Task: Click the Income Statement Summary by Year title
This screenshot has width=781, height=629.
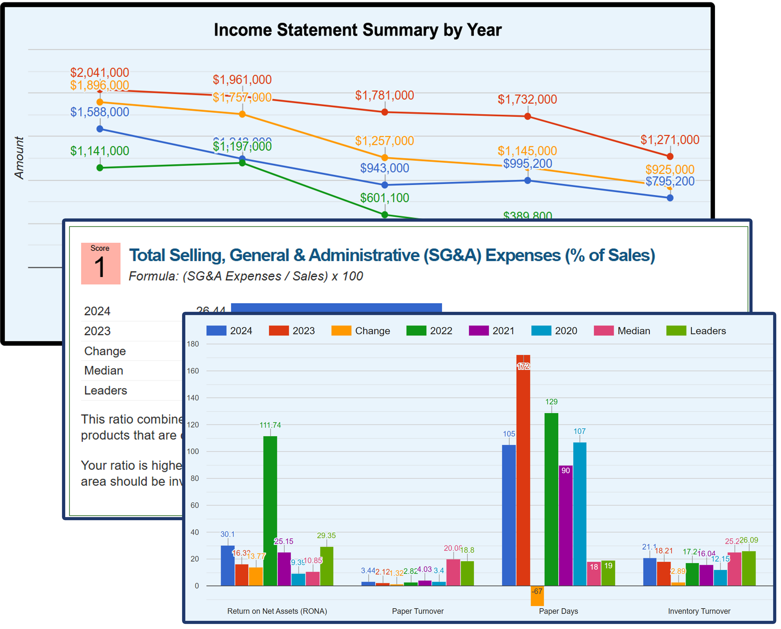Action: pyautogui.click(x=358, y=30)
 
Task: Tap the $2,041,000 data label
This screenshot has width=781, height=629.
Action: pyautogui.click(x=100, y=72)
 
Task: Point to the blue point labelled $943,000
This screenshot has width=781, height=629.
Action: pyautogui.click(x=385, y=185)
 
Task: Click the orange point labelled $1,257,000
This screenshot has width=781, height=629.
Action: pyautogui.click(x=385, y=158)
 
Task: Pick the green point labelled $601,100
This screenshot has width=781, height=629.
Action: pyautogui.click(x=385, y=214)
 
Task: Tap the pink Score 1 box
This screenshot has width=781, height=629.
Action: pyautogui.click(x=100, y=263)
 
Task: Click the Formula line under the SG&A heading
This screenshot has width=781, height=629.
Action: pyautogui.click(x=246, y=276)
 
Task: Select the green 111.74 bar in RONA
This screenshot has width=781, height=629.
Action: pyautogui.click(x=270, y=511)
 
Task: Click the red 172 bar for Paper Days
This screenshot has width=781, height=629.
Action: pyautogui.click(x=523, y=471)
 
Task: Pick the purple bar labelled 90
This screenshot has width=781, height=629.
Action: pyautogui.click(x=566, y=525)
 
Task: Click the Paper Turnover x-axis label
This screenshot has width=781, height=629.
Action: pyautogui.click(x=418, y=611)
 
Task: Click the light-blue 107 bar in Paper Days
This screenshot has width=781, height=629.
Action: pyautogui.click(x=580, y=515)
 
